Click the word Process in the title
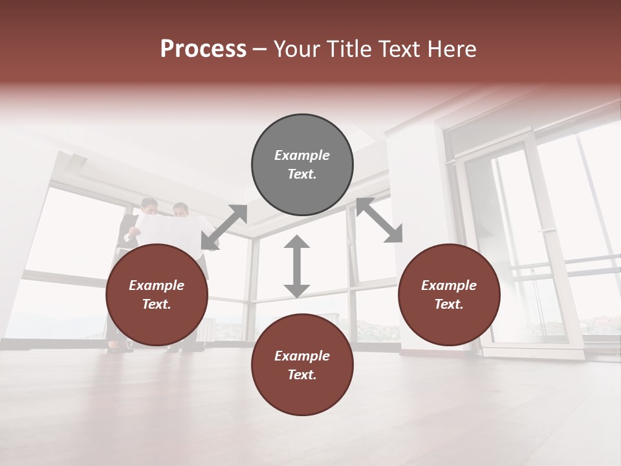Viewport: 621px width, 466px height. pyautogui.click(x=203, y=49)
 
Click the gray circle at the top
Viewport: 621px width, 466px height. pyautogui.click(x=302, y=165)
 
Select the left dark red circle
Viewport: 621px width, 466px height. pyautogui.click(x=157, y=295)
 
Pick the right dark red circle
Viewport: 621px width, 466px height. pyautogui.click(x=449, y=295)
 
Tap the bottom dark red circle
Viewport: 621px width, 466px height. pyautogui.click(x=302, y=365)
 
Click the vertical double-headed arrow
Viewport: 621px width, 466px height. pyautogui.click(x=297, y=266)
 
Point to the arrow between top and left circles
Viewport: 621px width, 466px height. pyautogui.click(x=224, y=227)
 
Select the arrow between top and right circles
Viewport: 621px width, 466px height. pyautogui.click(x=379, y=220)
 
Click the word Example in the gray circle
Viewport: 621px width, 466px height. pyautogui.click(x=302, y=155)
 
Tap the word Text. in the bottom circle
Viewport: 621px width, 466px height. pyautogui.click(x=302, y=375)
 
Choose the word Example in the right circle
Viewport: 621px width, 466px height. pyautogui.click(x=449, y=285)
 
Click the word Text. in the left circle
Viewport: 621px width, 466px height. pyautogui.click(x=157, y=304)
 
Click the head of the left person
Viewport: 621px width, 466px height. pyautogui.click(x=149, y=206)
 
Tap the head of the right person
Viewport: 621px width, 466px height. pyautogui.click(x=181, y=210)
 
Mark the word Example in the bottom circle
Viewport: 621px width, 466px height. pyautogui.click(x=302, y=356)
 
